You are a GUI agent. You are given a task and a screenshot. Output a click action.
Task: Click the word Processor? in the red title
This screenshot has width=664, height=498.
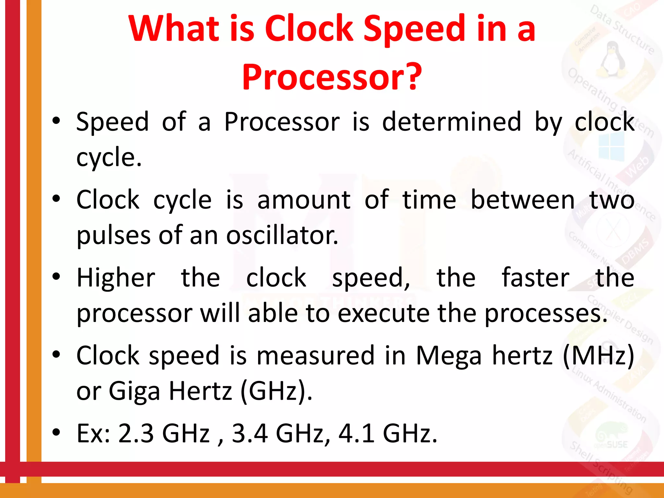(x=332, y=77)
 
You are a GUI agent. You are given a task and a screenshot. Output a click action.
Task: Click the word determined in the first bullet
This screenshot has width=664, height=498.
(x=451, y=122)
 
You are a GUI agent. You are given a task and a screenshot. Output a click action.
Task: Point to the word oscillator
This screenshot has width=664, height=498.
(x=282, y=235)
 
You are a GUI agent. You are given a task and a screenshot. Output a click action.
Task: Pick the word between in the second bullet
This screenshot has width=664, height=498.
(x=523, y=200)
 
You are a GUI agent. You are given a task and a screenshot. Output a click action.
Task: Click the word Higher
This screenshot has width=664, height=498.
(x=116, y=278)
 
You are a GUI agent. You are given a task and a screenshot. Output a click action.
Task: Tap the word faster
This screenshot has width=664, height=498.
(x=535, y=278)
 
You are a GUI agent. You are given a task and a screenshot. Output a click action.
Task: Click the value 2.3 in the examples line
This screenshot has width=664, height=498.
(x=136, y=433)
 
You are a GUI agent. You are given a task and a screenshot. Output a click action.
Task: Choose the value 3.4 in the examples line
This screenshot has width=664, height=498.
(x=250, y=433)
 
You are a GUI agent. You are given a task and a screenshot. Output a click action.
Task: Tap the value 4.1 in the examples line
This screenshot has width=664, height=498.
(x=356, y=433)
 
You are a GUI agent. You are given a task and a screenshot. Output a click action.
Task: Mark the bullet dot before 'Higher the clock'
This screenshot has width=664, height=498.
(x=56, y=277)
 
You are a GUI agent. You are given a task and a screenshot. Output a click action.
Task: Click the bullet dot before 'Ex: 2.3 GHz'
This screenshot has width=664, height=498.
(x=56, y=432)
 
